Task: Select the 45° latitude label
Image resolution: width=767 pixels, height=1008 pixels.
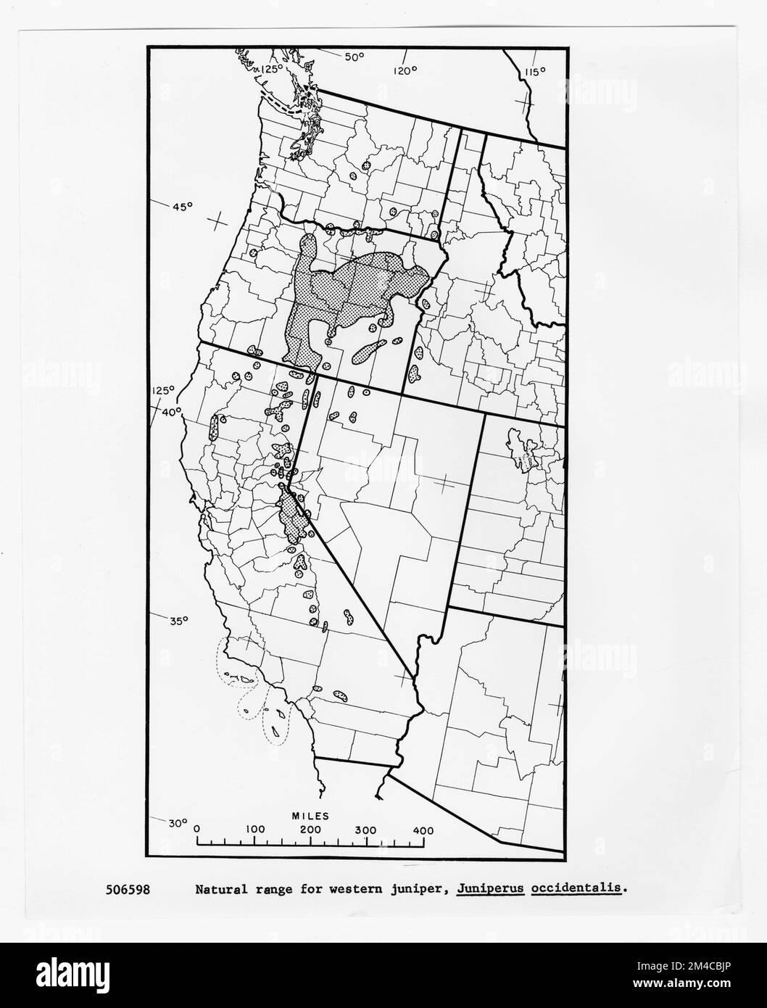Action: coord(182,207)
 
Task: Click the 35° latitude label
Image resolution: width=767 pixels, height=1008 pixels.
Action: coord(178,621)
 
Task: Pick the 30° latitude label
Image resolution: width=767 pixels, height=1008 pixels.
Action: coord(177,823)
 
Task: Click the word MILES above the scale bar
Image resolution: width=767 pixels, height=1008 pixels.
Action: coord(310,816)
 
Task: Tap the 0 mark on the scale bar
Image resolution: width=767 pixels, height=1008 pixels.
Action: coord(197,830)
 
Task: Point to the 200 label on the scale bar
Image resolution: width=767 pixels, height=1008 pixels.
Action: coord(311,830)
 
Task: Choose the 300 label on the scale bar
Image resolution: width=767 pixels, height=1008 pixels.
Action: coord(367,830)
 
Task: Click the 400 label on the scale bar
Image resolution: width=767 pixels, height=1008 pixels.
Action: coord(423,830)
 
